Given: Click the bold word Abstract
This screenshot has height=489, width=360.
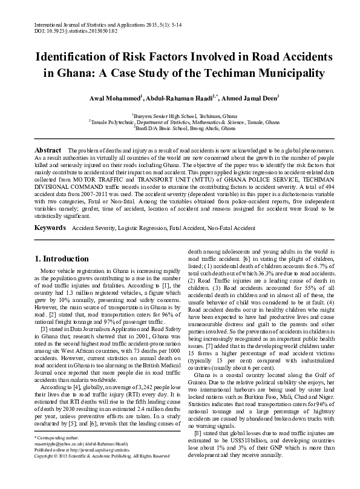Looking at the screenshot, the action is [x=48, y=149].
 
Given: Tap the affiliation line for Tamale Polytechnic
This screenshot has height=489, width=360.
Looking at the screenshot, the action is [x=180, y=121].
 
